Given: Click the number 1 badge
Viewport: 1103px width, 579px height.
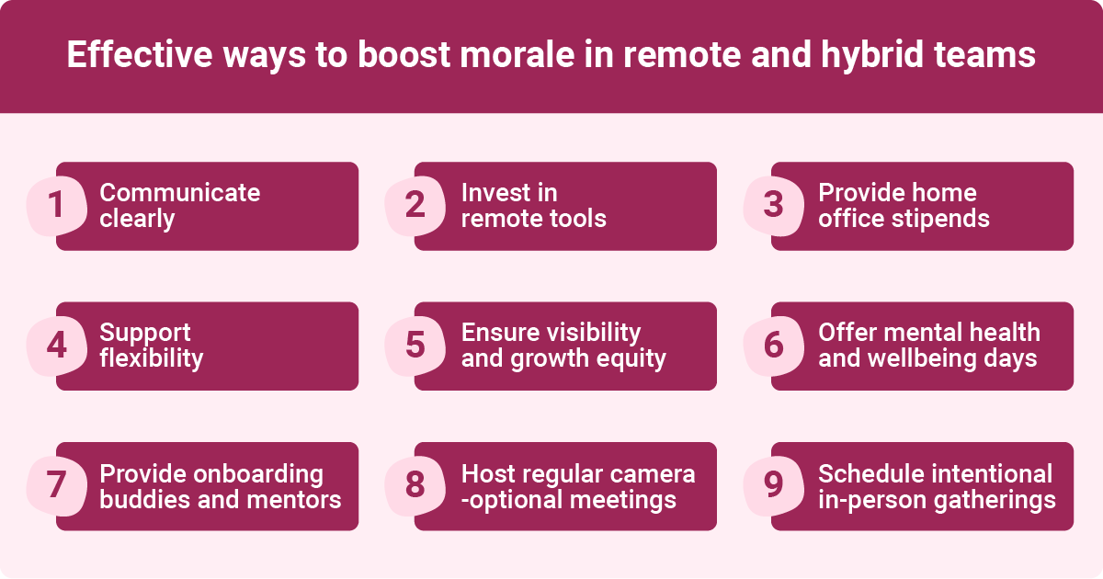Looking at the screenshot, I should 55,206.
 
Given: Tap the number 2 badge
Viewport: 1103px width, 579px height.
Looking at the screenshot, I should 415,206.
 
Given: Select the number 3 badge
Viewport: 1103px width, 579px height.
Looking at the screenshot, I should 773,206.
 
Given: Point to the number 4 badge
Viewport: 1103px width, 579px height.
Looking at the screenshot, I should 56,346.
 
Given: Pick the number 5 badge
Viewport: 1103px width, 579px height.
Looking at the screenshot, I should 415,346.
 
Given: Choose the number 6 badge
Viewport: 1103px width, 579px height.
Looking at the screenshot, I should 773,346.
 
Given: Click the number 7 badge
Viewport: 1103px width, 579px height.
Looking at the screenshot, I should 55,486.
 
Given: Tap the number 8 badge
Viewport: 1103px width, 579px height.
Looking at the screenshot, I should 415,486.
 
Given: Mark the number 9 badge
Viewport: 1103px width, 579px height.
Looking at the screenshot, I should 773,486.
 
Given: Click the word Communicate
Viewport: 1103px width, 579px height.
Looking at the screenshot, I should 179,193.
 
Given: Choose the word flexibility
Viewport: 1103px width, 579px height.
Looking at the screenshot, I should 151,358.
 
